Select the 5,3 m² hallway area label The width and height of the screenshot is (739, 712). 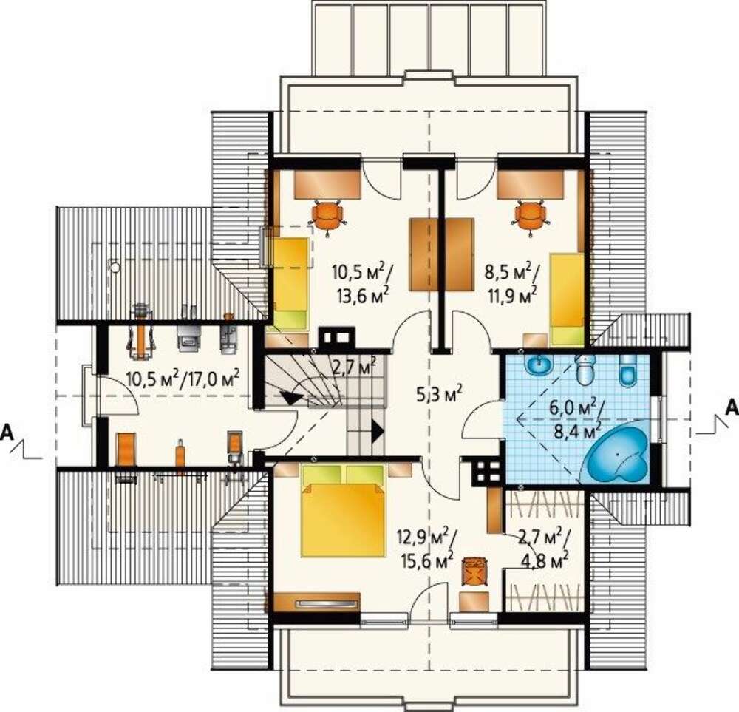tap(439, 395)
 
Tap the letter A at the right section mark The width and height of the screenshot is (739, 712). tap(731, 406)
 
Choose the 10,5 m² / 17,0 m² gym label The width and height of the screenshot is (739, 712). tap(183, 378)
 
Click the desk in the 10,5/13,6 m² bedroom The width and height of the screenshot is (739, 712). tap(328, 184)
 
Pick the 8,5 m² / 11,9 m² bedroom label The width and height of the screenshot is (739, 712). tap(512, 284)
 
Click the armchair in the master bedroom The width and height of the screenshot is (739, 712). tap(474, 572)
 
